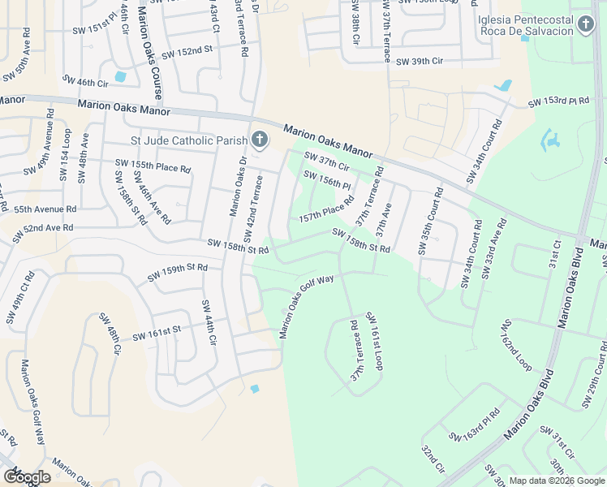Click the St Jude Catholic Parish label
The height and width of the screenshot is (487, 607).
pyautogui.click(x=189, y=140)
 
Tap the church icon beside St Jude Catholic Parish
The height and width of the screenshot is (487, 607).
pyautogui.click(x=259, y=140)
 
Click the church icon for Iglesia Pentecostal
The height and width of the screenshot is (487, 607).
pyautogui.click(x=586, y=27)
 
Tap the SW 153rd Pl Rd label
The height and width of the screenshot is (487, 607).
pyautogui.click(x=558, y=102)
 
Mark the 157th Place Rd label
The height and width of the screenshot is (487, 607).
pyautogui.click(x=325, y=210)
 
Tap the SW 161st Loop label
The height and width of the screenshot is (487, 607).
pyautogui.click(x=373, y=340)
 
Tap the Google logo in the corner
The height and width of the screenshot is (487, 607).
pyautogui.click(x=27, y=477)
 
